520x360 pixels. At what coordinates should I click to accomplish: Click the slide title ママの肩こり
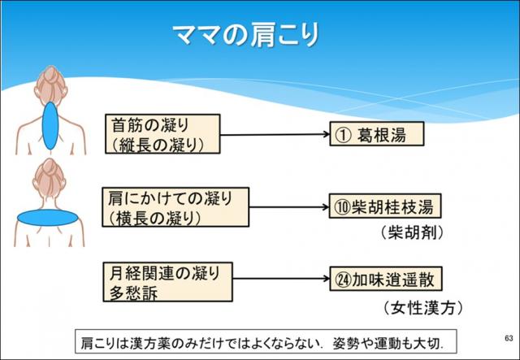pyautogui.click(x=246, y=35)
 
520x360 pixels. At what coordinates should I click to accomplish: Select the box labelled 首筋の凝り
pyautogui.click(x=162, y=134)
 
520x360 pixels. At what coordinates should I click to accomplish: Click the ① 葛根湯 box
pyautogui.click(x=376, y=135)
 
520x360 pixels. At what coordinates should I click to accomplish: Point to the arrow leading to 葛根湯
pyautogui.click(x=274, y=135)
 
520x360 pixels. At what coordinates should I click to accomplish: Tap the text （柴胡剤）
pyautogui.click(x=412, y=232)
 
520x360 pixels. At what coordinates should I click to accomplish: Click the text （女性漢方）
pyautogui.click(x=411, y=308)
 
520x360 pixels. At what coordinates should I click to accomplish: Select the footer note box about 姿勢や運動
pyautogui.click(x=266, y=340)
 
